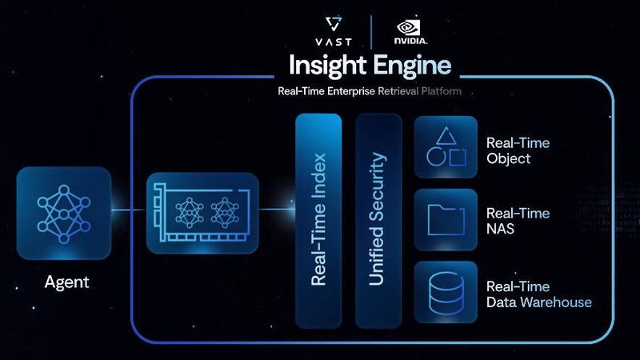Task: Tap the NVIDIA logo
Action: (410, 30)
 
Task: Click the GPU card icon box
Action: (203, 210)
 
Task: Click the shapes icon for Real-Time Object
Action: (446, 147)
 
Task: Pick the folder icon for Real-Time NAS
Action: (446, 219)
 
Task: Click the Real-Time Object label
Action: (518, 150)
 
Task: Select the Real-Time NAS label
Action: (518, 222)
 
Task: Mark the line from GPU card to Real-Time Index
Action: (278, 210)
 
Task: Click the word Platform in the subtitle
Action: (442, 91)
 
